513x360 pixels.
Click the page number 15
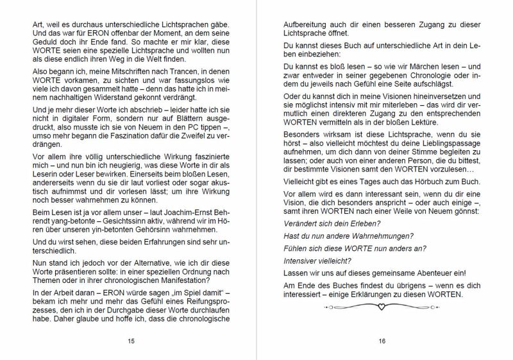tap(131, 341)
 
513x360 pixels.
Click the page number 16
tap(382, 341)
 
